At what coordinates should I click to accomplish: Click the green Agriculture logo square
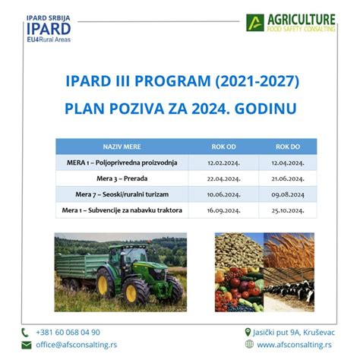tap(255, 23)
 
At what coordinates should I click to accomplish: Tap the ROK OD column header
tap(223, 147)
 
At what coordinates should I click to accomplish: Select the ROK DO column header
tap(288, 147)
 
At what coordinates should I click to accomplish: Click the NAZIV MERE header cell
tap(122, 147)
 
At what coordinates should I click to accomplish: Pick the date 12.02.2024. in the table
tap(223, 163)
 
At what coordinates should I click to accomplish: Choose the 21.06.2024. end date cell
tap(288, 178)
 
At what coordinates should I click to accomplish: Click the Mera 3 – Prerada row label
tap(122, 178)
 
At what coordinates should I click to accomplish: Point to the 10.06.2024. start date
tap(223, 194)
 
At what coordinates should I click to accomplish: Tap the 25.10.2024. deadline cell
tap(288, 210)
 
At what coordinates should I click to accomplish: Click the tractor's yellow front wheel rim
tap(131, 294)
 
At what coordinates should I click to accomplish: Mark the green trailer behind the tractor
tap(81, 267)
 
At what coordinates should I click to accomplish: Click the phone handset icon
tap(25, 333)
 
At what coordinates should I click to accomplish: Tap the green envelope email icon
tap(27, 345)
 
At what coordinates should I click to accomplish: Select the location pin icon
tap(248, 332)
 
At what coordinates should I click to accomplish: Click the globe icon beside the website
tap(249, 344)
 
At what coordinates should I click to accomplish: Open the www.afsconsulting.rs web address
tap(294, 345)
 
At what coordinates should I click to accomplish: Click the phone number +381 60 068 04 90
tap(68, 333)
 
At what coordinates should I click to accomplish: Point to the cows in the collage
tap(290, 290)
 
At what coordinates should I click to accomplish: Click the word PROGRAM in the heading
tap(172, 81)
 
